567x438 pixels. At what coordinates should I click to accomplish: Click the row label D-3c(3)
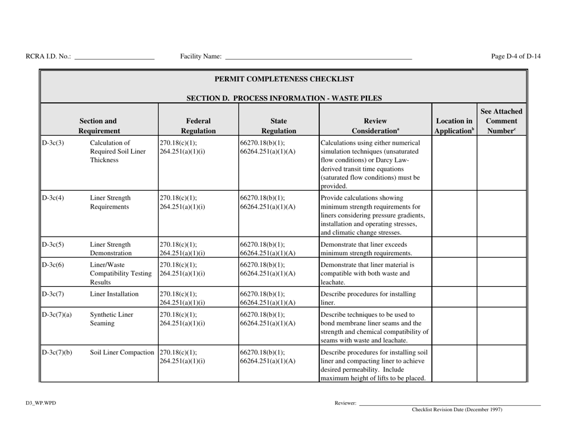53,143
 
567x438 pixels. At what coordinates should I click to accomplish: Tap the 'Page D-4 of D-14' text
516,57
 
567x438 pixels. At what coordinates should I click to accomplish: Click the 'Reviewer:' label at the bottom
346,404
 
